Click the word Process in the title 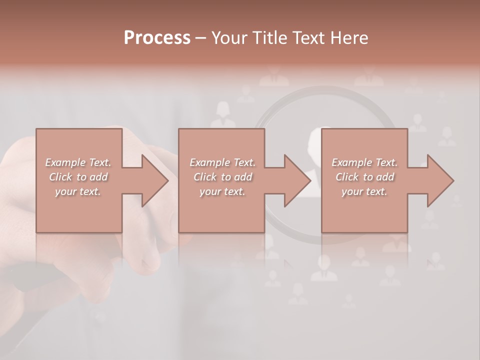157,37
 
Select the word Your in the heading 227,37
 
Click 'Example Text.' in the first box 78,162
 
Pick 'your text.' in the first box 78,191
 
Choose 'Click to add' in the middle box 222,177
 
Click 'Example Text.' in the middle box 222,162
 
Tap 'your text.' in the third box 364,191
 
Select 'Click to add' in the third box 364,177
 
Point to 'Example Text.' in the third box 364,162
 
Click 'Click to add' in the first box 78,177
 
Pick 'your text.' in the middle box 222,191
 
